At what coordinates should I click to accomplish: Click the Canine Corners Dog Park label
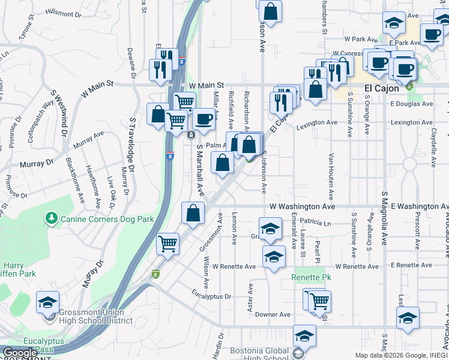pos(101,217)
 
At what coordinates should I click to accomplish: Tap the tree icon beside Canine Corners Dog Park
pos(52,217)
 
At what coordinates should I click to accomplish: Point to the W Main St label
pos(206,86)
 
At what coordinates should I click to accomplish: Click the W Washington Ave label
pos(302,206)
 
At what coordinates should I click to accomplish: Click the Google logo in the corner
pos(20,353)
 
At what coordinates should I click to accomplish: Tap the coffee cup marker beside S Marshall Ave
pos(203,119)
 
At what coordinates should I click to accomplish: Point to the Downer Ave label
pos(273,314)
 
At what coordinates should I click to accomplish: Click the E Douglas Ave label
pos(411,104)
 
